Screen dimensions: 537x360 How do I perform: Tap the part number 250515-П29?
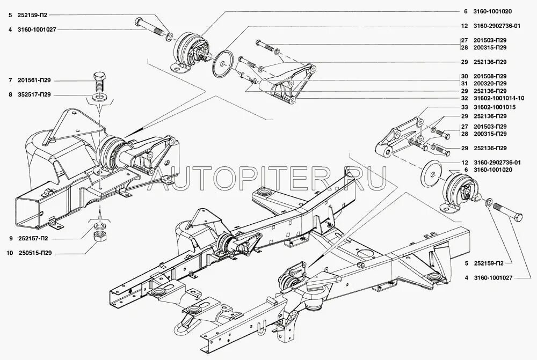point(36,252)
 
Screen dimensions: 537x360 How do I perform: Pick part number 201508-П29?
point(490,76)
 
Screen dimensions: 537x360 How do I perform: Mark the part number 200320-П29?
point(490,83)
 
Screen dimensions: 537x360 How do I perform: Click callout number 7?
point(10,80)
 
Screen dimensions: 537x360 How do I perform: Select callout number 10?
point(10,252)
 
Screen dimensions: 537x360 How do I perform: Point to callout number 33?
point(465,108)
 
